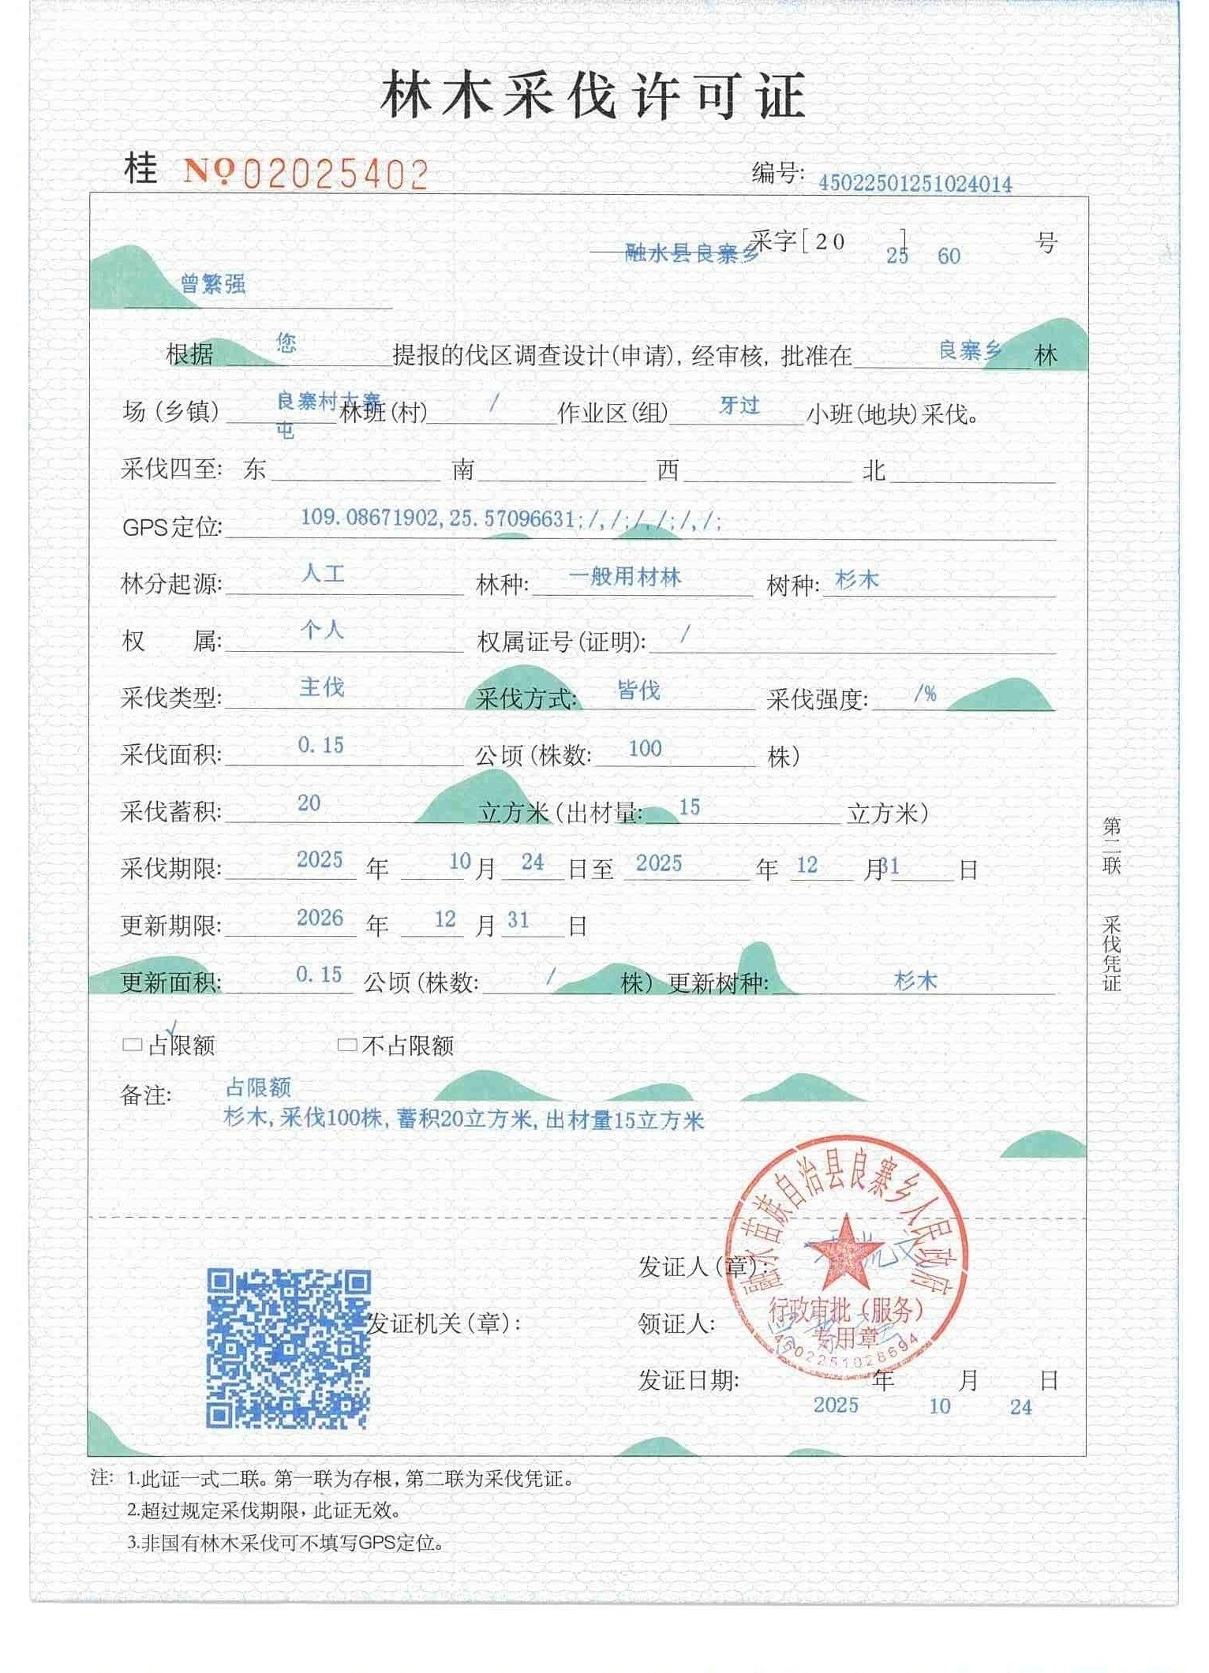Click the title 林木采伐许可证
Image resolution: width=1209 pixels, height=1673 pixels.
click(593, 95)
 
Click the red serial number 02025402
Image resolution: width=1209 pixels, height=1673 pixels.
click(335, 174)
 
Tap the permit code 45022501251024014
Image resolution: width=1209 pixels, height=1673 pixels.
click(915, 184)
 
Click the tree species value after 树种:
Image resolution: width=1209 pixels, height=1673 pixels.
click(856, 580)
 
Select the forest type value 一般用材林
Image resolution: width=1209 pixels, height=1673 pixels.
click(624, 577)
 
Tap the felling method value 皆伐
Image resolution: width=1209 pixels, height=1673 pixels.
click(638, 691)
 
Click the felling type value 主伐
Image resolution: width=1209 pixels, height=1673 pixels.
click(322, 687)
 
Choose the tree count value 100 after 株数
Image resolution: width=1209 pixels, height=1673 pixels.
click(645, 748)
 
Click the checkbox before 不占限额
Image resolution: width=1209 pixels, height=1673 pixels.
click(346, 1045)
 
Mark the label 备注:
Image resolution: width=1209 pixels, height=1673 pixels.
click(146, 1095)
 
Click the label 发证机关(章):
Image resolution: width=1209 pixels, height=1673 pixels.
click(444, 1323)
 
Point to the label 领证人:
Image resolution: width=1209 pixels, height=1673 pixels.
click(676, 1323)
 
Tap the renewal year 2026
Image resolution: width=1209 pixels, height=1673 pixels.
click(320, 918)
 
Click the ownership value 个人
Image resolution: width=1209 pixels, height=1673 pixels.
click(322, 630)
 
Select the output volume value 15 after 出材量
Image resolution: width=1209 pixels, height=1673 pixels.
click(689, 807)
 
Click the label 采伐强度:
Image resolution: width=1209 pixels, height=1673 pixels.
click(817, 699)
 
